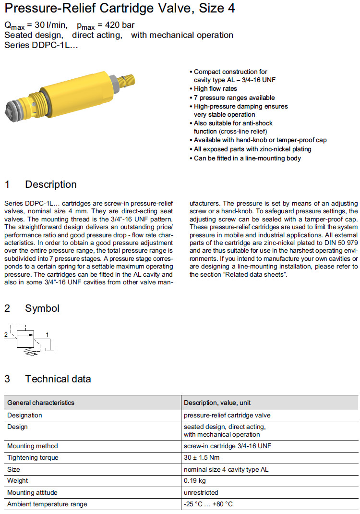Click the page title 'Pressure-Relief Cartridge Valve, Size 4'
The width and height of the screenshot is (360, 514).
coord(120,8)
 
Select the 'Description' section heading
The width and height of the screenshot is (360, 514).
coord(50,184)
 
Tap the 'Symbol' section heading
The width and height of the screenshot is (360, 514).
coord(42,308)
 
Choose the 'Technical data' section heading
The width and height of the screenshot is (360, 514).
coord(58,379)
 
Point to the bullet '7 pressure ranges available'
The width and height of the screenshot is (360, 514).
coord(234,98)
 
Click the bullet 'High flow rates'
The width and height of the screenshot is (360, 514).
coord(215,89)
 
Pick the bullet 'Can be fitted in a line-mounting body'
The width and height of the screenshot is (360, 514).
coord(247,158)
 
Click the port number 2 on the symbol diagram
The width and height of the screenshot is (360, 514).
coord(5,333)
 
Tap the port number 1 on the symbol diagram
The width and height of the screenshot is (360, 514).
coord(47,333)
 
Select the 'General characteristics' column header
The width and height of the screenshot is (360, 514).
coord(41,403)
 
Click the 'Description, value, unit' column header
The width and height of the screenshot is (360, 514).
coord(217,403)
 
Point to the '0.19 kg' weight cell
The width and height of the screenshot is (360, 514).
coord(195,481)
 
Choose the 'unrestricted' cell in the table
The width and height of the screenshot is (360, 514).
coord(201,492)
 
